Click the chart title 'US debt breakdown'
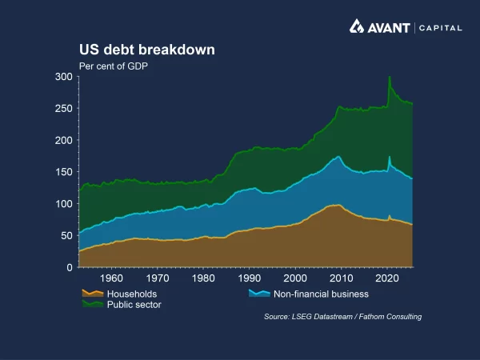pyautogui.click(x=146, y=50)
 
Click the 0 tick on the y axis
pyautogui.click(x=70, y=267)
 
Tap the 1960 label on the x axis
pyautogui.click(x=112, y=279)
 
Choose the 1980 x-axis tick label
pyautogui.click(x=204, y=279)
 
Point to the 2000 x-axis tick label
pyautogui.click(x=296, y=279)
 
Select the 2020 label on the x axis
pyautogui.click(x=388, y=279)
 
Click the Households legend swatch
pyautogui.click(x=89, y=294)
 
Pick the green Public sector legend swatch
pyautogui.click(x=89, y=305)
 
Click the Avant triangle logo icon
pyautogui.click(x=358, y=26)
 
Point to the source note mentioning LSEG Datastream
pyautogui.click(x=342, y=317)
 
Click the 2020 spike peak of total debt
pyautogui.click(x=389, y=78)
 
